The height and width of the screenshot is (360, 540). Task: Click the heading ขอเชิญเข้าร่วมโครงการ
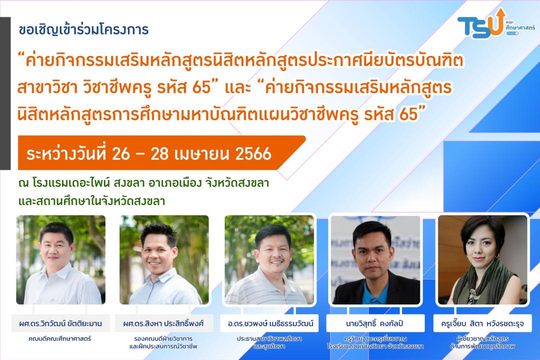tap(83, 29)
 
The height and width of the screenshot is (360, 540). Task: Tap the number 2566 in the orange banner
tap(253, 154)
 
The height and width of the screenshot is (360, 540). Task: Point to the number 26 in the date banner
tap(120, 154)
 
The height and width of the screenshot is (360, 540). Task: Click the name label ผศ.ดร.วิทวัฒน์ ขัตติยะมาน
tap(60, 323)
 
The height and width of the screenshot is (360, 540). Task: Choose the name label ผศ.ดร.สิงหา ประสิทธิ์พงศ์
tap(163, 323)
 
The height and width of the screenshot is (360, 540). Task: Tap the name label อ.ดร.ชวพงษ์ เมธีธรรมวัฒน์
tap(270, 323)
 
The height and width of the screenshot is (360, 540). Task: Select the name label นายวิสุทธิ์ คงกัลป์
tap(374, 323)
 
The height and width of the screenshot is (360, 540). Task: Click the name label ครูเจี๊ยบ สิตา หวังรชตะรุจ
tap(482, 323)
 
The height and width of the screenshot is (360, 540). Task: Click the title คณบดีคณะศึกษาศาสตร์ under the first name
tap(60, 338)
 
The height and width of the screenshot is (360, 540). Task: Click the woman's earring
tap(497, 256)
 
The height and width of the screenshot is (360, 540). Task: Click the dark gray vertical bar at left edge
tap(5, 93)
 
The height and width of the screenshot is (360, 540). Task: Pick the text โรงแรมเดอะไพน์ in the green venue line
tap(71, 182)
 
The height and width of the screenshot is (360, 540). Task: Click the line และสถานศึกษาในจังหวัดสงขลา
tap(91, 201)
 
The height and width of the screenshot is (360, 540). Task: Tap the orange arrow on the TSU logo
tap(499, 20)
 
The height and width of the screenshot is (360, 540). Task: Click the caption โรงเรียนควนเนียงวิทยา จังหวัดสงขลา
tap(375, 346)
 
